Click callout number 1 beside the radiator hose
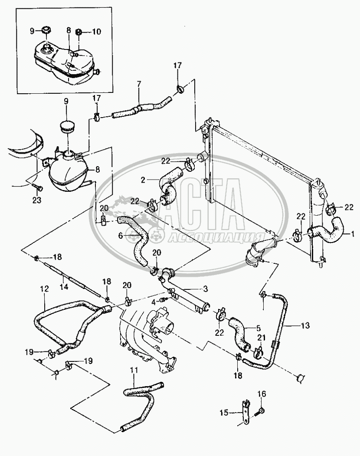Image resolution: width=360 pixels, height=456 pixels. point(353,233)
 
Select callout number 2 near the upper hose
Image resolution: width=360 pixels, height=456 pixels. point(143,180)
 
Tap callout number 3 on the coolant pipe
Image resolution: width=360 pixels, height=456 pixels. point(206,289)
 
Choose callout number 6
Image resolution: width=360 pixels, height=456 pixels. point(121,235)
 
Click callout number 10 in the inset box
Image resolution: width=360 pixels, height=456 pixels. point(97,31)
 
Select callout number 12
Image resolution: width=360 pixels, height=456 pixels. point(45,289)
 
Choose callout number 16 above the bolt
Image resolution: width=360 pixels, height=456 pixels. point(262,394)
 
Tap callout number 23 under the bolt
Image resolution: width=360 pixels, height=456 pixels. point(37,200)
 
